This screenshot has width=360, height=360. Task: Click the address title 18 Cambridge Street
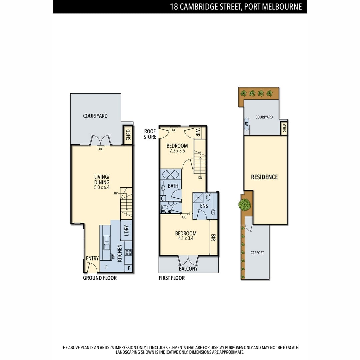[236, 7]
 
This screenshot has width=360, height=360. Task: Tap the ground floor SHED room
[128, 135]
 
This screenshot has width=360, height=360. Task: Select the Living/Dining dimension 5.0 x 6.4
[102, 187]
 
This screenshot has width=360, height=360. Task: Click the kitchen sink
[107, 243]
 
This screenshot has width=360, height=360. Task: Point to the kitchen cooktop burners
[128, 252]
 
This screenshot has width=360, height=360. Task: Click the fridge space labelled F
[106, 267]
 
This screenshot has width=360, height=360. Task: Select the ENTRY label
[92, 258]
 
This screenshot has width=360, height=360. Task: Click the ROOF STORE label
[150, 134]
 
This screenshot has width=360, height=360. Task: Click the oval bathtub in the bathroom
[170, 174]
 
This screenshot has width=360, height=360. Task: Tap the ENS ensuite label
[204, 206]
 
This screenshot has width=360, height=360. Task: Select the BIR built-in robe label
[213, 238]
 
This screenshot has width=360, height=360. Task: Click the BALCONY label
[188, 269]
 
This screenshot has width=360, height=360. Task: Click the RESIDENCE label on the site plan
[264, 177]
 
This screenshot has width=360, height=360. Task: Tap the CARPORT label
[257, 253]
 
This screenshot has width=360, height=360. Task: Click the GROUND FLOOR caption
[100, 278]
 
